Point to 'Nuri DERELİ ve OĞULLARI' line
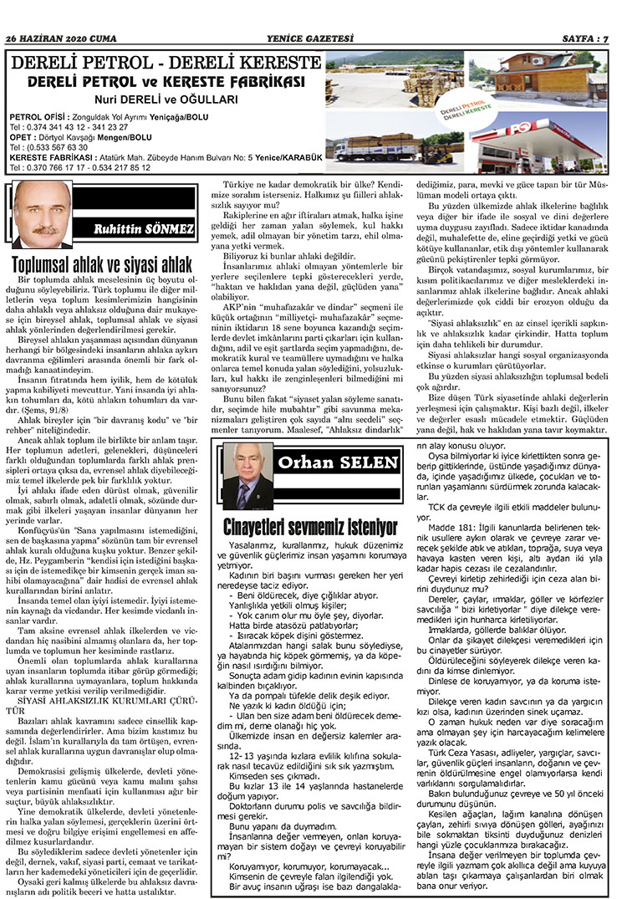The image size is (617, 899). [x=164, y=99]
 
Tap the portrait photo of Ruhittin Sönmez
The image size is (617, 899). [x=43, y=216]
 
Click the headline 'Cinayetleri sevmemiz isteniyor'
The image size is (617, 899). [x=310, y=527]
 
